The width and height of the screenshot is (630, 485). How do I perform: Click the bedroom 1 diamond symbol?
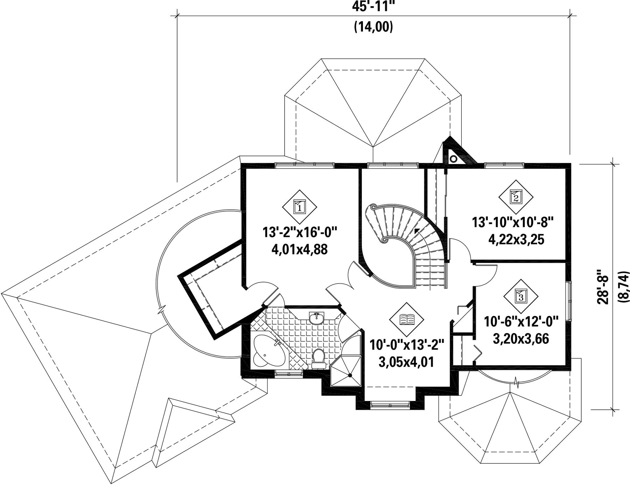coord(299,207)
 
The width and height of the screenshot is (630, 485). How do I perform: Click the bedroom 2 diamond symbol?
coord(516,197)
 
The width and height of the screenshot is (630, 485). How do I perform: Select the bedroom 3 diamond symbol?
coord(521,296)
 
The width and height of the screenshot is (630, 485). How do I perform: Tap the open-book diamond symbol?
coord(407,319)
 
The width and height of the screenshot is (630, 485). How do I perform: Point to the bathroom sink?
coord(317,318)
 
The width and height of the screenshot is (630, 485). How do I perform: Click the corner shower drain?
coord(349,375)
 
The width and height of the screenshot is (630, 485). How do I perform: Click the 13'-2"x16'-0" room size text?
coord(299,232)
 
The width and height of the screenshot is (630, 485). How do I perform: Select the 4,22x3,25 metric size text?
coord(516,240)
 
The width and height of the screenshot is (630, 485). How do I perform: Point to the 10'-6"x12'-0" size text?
coord(521,321)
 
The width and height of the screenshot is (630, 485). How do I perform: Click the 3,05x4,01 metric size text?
coord(406,362)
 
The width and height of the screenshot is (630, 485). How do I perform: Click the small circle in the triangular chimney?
coord(453,159)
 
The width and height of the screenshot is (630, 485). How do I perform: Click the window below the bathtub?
coord(289,373)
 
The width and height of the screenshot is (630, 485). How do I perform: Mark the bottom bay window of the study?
coord(390,405)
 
